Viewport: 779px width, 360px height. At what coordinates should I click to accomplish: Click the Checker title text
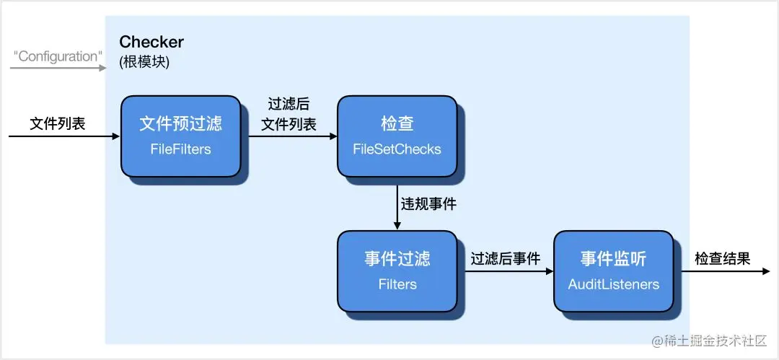coord(151,42)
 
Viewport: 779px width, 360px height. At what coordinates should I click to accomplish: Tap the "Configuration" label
coord(57,56)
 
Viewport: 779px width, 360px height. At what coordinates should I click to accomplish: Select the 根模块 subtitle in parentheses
coord(144,62)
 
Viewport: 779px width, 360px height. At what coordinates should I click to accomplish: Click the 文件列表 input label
coord(58,123)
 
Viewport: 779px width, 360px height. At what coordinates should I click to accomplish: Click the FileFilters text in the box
coord(180,149)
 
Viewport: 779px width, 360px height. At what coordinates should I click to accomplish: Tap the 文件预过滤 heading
coord(180,123)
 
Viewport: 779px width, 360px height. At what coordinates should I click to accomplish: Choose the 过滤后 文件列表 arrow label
coord(289,114)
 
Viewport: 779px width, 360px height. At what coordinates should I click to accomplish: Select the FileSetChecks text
coord(397,149)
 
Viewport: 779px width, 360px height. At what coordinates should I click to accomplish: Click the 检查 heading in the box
coord(397,123)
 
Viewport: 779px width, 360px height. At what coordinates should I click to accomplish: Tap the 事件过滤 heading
coord(397,258)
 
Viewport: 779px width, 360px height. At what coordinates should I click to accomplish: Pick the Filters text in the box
coord(397,284)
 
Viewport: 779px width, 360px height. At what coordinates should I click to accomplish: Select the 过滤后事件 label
coord(505,258)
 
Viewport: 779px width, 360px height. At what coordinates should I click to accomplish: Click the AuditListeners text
coord(613,284)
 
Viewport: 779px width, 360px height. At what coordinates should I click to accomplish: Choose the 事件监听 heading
coord(613,258)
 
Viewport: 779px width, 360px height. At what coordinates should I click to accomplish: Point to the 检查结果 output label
coord(722,258)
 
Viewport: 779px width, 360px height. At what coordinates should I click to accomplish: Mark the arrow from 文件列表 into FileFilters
coord(65,136)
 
